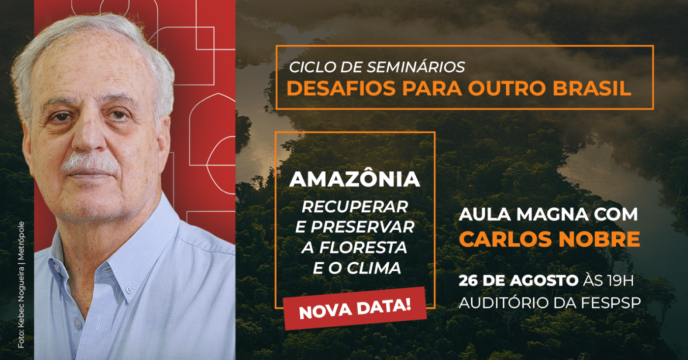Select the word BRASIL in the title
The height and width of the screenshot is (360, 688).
pyautogui.click(x=592, y=88)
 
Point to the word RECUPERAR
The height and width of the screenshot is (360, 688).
pyautogui.click(x=355, y=207)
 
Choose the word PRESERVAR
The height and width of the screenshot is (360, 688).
pyautogui.click(x=363, y=227)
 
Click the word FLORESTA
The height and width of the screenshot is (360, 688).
pyautogui.click(x=363, y=248)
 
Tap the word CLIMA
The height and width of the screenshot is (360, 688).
pyautogui.click(x=374, y=268)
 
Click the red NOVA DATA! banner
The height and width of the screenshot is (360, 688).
pyautogui.click(x=355, y=309)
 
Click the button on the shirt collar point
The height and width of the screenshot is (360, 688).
pyautogui.click(x=129, y=289)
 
